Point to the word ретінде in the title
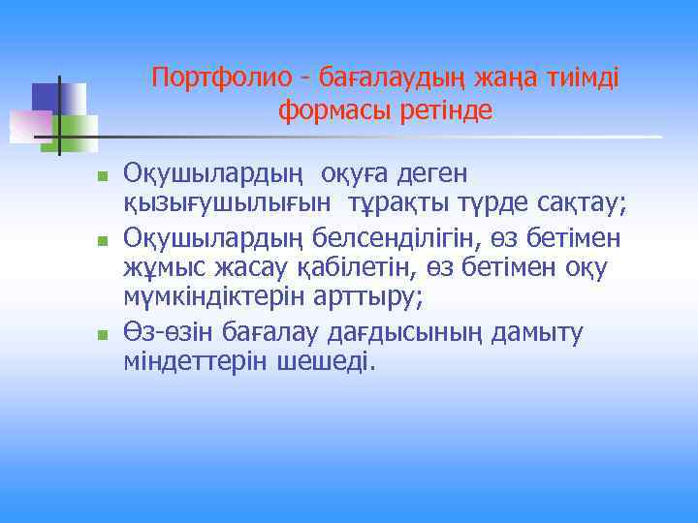point(445,111)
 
